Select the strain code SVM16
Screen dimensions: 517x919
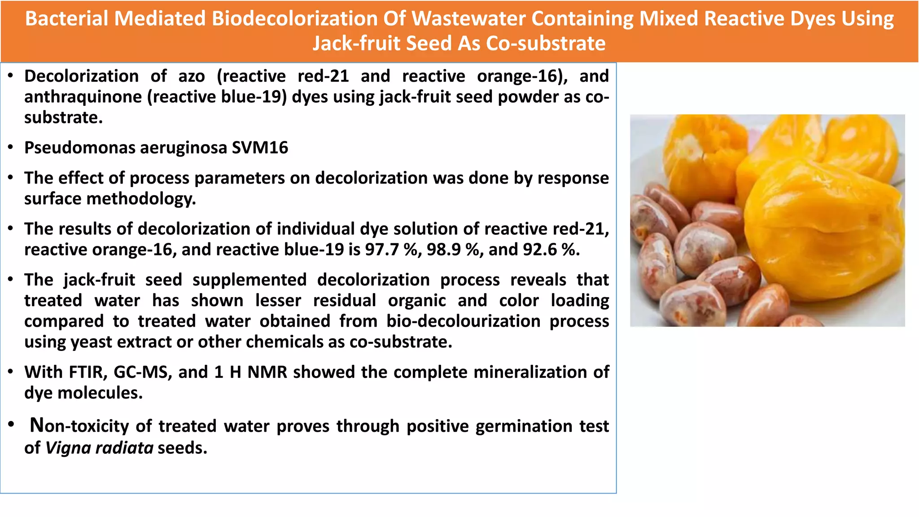click(x=260, y=148)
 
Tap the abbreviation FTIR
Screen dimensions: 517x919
click(x=88, y=372)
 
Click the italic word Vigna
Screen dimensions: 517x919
click(x=68, y=448)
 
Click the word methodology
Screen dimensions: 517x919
click(x=141, y=199)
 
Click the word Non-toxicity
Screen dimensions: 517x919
click(x=79, y=425)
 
